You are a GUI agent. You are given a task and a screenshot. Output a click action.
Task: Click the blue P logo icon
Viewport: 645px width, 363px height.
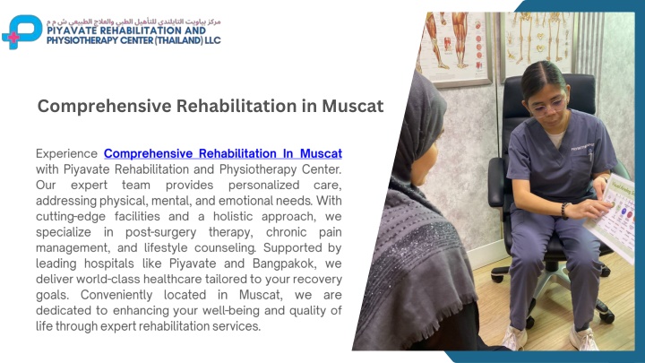click(x=22, y=31)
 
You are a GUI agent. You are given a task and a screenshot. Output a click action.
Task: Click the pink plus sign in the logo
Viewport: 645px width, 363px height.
click(x=13, y=38)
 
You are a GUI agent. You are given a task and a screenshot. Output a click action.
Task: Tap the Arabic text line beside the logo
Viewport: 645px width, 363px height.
click(x=133, y=21)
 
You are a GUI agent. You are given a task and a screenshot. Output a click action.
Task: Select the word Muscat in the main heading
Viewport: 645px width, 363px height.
click(x=353, y=106)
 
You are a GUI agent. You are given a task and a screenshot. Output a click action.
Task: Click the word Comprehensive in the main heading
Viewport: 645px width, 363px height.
click(x=105, y=106)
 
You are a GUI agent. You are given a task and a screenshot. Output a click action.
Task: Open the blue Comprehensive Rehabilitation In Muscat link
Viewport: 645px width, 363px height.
click(x=223, y=153)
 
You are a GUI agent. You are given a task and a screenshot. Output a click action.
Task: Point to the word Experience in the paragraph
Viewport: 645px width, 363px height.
click(x=66, y=154)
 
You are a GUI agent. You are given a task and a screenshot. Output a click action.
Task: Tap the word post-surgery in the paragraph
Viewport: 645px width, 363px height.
click(x=161, y=232)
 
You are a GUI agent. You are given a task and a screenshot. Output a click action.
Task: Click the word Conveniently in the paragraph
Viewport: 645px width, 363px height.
click(x=116, y=295)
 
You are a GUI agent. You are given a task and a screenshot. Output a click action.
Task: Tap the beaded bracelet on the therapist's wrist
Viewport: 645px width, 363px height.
click(x=565, y=211)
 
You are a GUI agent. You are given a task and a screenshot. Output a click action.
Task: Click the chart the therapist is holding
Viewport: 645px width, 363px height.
click(x=614, y=217)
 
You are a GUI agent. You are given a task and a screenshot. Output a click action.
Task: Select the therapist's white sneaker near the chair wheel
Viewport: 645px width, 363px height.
click(x=584, y=338)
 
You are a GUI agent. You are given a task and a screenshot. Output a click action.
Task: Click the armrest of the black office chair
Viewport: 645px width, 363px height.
click(x=497, y=181)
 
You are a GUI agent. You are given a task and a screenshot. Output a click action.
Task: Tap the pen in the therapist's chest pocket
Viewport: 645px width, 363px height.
click(x=590, y=155)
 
